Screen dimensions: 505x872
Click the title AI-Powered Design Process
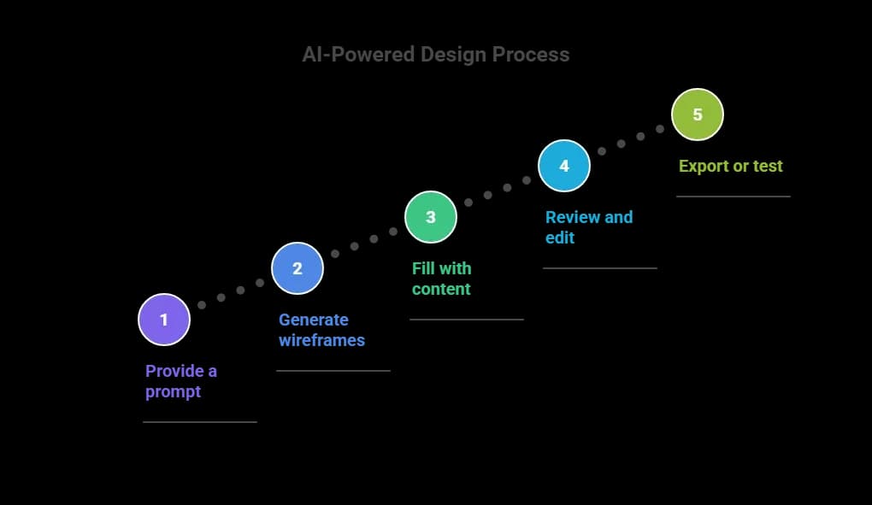tap(435, 55)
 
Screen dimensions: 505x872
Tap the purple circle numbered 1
tap(164, 320)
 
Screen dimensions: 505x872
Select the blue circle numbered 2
tap(298, 268)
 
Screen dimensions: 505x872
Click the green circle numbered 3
tap(431, 217)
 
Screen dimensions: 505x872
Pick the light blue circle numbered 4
tap(564, 166)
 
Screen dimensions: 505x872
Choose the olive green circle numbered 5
tap(698, 115)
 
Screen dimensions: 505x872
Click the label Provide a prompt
tap(181, 381)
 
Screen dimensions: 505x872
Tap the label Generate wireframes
tap(321, 330)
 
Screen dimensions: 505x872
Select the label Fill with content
tap(441, 279)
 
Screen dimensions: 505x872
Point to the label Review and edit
tap(589, 227)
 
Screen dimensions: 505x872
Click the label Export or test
tap(730, 166)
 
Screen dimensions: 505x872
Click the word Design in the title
tap(452, 55)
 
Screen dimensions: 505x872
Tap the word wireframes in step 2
tap(321, 340)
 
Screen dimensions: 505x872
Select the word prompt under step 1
tap(173, 391)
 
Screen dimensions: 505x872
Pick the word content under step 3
tap(441, 289)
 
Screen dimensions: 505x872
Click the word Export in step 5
tap(703, 166)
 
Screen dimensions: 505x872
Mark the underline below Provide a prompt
tap(200, 421)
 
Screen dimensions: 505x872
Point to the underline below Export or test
tap(734, 197)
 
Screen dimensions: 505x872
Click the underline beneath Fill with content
tap(467, 320)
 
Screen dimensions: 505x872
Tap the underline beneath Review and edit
tap(600, 268)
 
